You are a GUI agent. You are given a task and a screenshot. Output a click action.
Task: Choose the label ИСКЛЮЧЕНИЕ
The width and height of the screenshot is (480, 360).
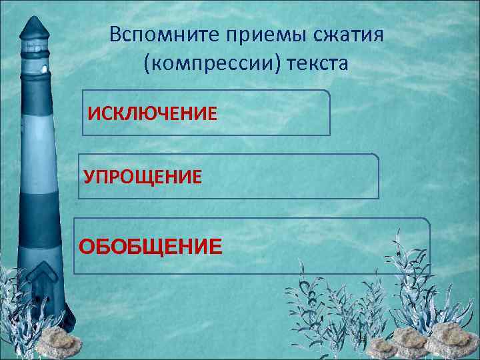coord(153,113)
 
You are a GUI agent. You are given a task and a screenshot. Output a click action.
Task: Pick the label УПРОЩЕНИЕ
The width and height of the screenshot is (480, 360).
coord(142,177)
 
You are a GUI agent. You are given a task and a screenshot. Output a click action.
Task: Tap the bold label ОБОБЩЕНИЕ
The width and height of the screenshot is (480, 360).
coord(151,247)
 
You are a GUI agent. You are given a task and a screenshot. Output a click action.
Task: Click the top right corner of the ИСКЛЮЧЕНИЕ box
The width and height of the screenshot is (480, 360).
coord(329,91)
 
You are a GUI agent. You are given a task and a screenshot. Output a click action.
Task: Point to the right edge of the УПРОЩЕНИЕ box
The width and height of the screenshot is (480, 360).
coord(379,177)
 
